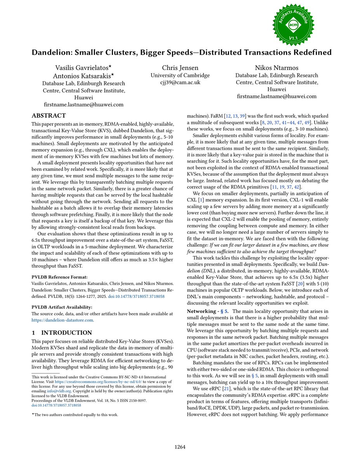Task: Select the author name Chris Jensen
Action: tap(180, 68)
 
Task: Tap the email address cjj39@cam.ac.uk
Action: tap(180, 82)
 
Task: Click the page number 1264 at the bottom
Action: tap(180, 447)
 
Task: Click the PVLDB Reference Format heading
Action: tap(59, 277)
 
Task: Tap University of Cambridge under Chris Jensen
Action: tap(180, 75)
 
